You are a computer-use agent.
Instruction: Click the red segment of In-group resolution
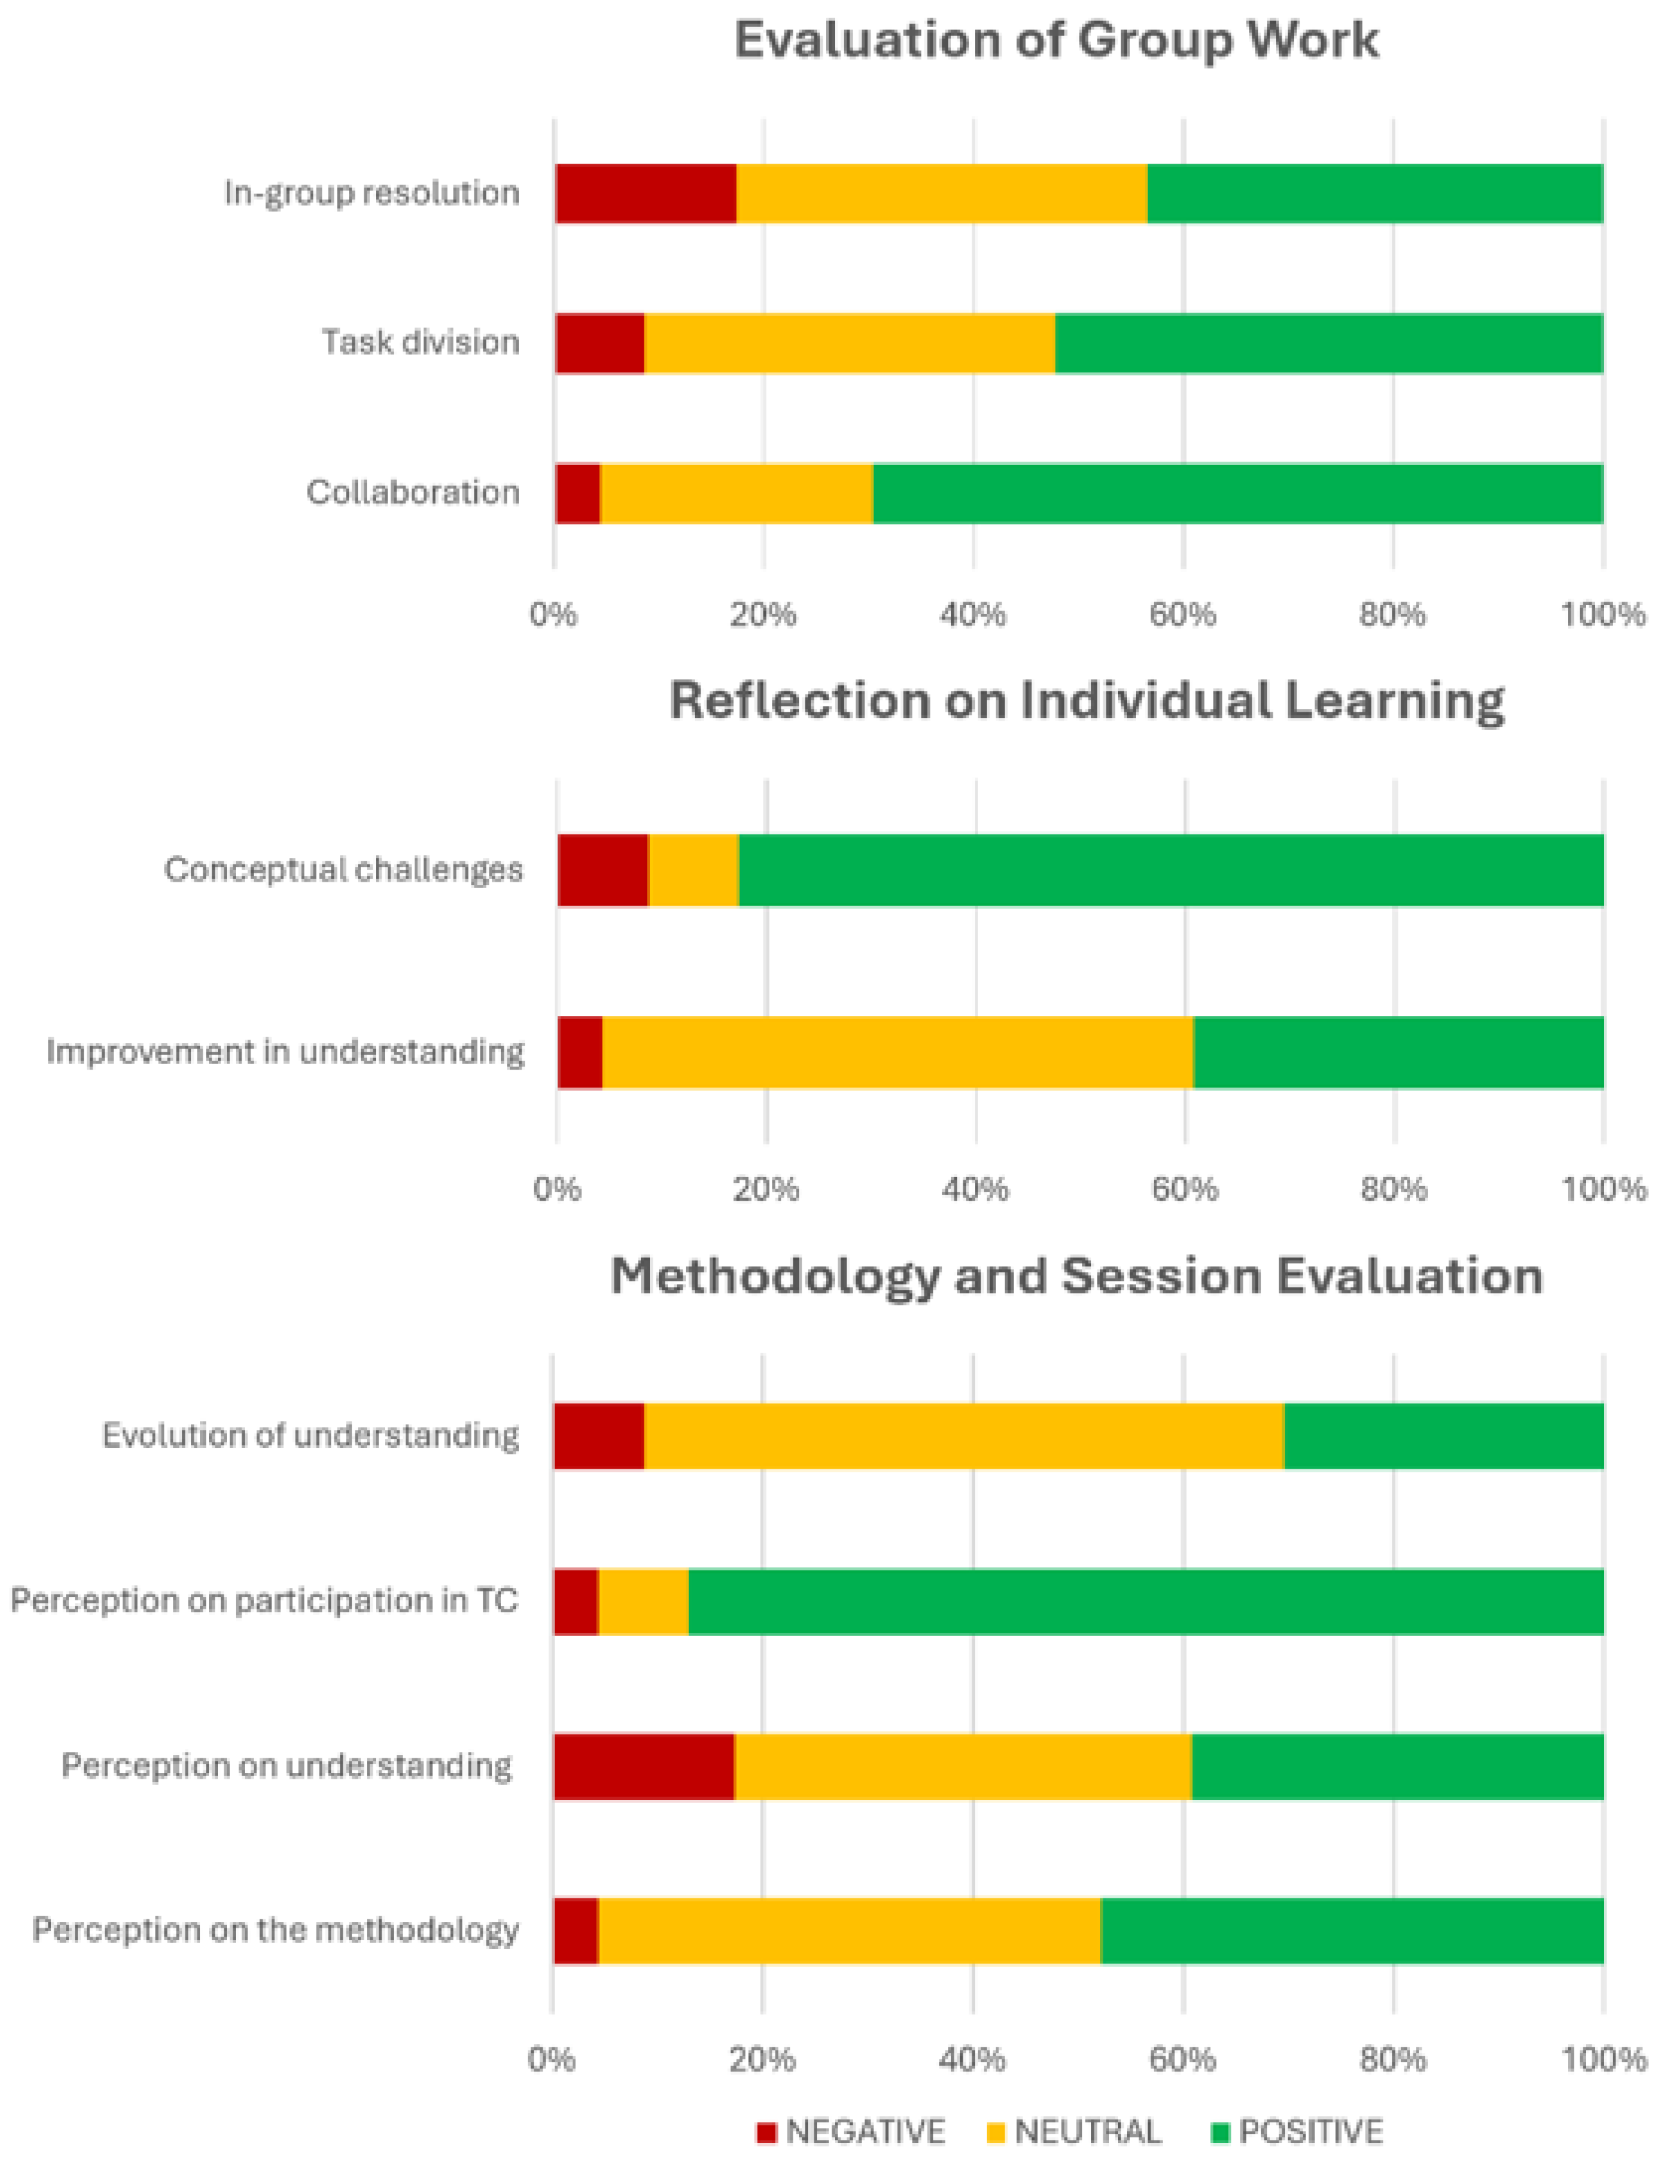click(x=646, y=193)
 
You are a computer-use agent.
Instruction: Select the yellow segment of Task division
click(x=850, y=343)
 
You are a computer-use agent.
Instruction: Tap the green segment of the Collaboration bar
click(x=1238, y=493)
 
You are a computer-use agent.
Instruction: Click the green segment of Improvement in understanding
click(x=1399, y=1052)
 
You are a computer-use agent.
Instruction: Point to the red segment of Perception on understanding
click(x=644, y=1766)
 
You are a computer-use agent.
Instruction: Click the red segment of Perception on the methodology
click(x=577, y=1930)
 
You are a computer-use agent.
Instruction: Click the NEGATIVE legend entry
click(x=851, y=2131)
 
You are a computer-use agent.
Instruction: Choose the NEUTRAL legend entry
click(x=1075, y=2131)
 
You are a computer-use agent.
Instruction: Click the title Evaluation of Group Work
click(x=1057, y=40)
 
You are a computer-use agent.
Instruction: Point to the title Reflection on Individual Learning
click(x=1087, y=701)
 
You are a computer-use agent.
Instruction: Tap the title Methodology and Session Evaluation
click(x=1076, y=1276)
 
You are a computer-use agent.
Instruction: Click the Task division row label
click(x=421, y=342)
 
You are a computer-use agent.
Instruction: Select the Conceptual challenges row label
click(x=343, y=870)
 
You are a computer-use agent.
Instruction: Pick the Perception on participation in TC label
click(x=264, y=1601)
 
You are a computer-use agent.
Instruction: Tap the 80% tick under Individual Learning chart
click(x=1394, y=1189)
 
